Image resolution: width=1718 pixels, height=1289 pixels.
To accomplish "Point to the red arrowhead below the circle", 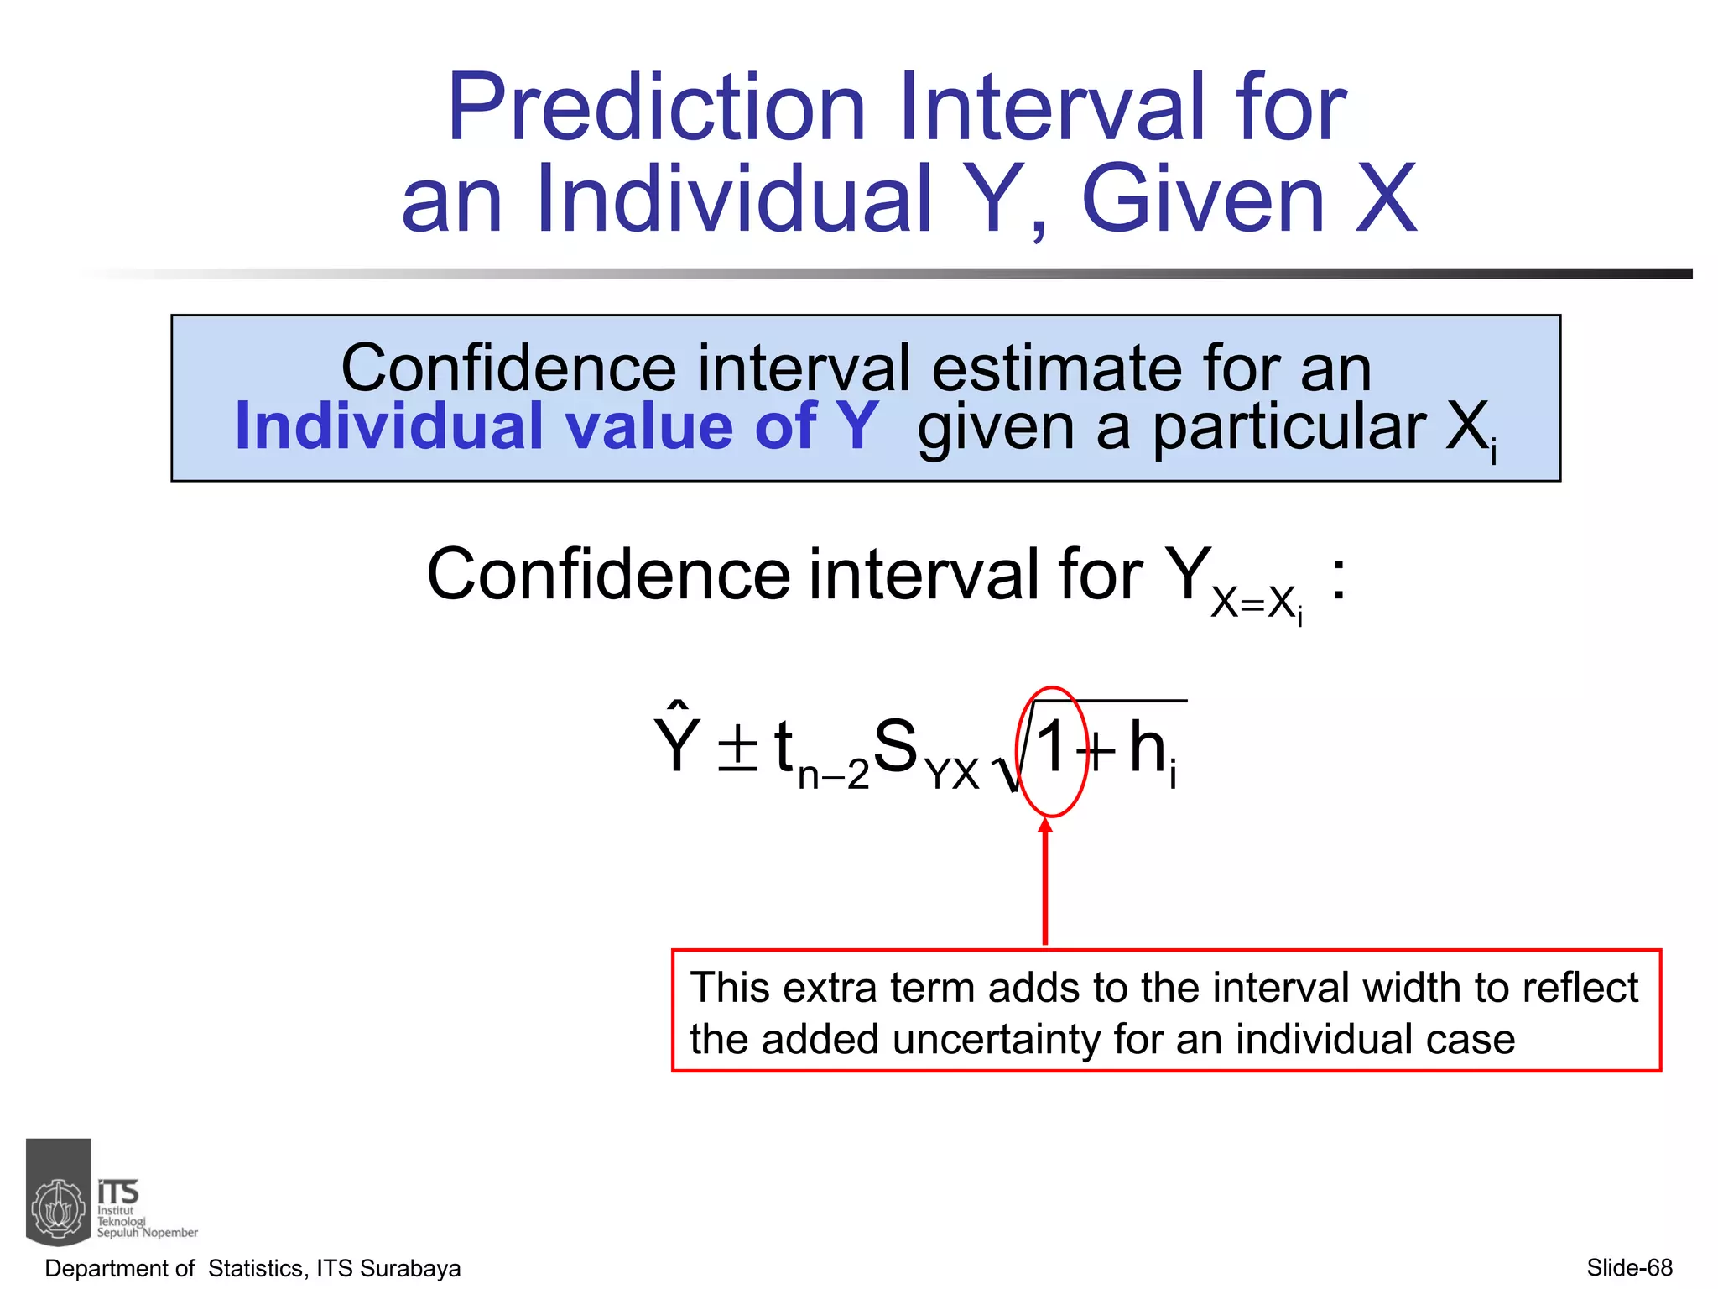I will click(1045, 827).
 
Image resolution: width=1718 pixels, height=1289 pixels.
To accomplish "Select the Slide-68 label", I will click(1629, 1267).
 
